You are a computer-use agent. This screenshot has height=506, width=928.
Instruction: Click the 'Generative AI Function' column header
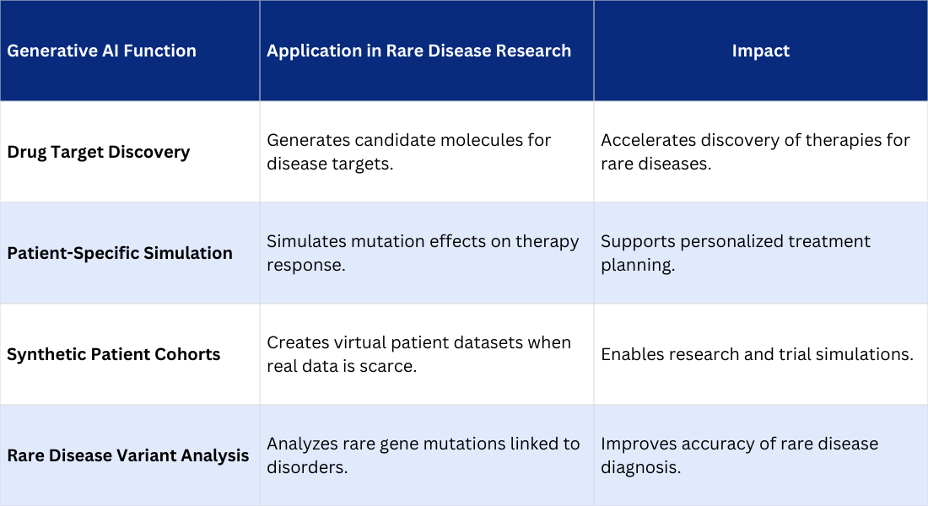pyautogui.click(x=101, y=51)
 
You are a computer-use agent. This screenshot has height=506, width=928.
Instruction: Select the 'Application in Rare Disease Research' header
pyautogui.click(x=418, y=51)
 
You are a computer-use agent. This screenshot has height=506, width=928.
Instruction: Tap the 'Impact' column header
pyautogui.click(x=760, y=51)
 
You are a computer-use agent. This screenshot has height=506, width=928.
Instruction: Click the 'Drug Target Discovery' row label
pyautogui.click(x=99, y=152)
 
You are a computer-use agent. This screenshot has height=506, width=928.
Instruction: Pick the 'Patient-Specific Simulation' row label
pyautogui.click(x=120, y=253)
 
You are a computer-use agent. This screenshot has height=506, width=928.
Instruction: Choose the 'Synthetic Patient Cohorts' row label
pyautogui.click(x=114, y=354)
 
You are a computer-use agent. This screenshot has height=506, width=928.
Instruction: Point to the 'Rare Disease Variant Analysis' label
pyautogui.click(x=128, y=455)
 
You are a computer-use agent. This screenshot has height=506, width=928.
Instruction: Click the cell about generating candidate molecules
pyautogui.click(x=409, y=152)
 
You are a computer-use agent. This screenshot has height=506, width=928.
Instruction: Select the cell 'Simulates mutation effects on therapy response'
pyautogui.click(x=423, y=253)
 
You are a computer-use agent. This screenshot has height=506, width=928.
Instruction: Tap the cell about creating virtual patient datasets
pyautogui.click(x=418, y=354)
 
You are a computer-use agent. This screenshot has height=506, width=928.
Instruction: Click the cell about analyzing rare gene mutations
pyautogui.click(x=423, y=455)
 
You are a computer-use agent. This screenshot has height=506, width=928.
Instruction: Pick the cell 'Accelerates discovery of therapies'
pyautogui.click(x=755, y=152)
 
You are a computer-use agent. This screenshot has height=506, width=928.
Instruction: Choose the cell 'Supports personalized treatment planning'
pyautogui.click(x=736, y=253)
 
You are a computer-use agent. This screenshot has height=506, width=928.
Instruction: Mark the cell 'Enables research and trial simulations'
pyautogui.click(x=757, y=354)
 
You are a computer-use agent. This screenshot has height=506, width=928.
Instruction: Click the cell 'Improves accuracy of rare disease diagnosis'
pyautogui.click(x=740, y=455)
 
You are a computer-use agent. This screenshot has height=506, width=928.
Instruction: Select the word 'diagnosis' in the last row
pyautogui.click(x=640, y=467)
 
